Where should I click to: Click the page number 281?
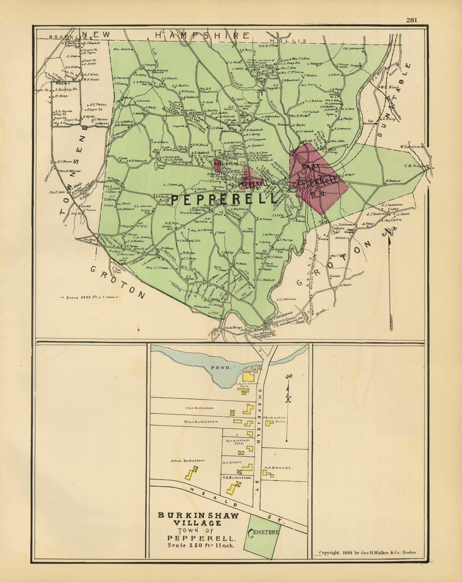pyautogui.click(x=412, y=20)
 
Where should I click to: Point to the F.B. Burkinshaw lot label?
pyautogui.click(x=237, y=478)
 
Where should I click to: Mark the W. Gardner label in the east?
pyautogui.click(x=410, y=147)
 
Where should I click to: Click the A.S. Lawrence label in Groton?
pyautogui.click(x=286, y=299)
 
